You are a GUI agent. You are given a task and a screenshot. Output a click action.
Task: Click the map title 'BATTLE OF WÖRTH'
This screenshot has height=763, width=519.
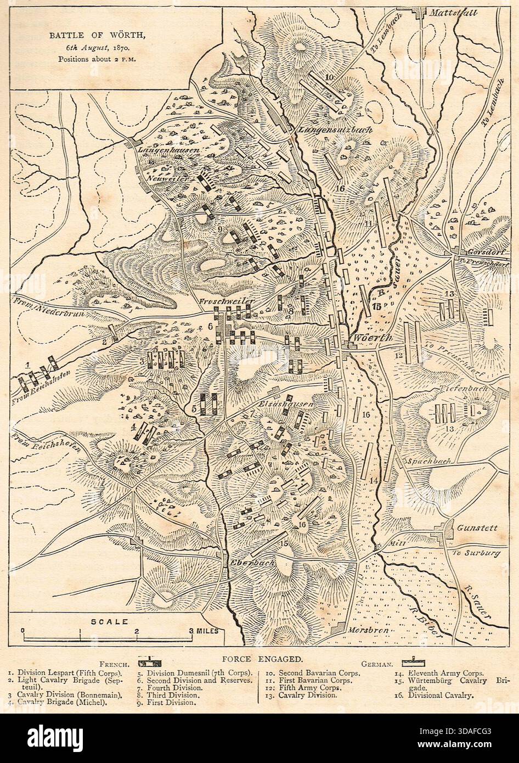[x=98, y=36]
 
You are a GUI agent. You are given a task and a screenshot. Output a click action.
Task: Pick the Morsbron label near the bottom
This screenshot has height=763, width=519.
[x=367, y=631]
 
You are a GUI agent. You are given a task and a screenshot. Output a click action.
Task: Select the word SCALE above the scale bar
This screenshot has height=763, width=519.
[x=109, y=621]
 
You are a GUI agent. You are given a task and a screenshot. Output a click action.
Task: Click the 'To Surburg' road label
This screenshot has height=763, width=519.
[x=476, y=553]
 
